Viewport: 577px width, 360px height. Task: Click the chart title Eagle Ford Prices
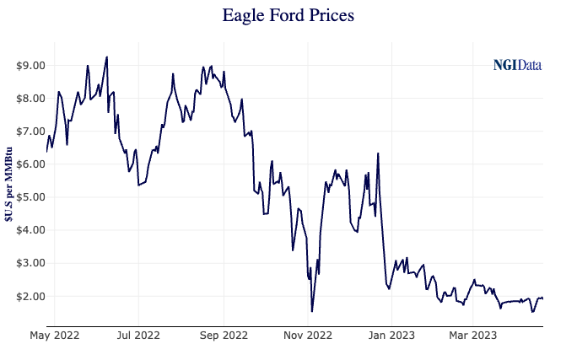coord(288,15)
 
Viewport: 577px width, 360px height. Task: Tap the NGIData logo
coord(517,65)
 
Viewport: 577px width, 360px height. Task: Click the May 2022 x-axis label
coord(54,336)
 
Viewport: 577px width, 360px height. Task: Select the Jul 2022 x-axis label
coord(138,336)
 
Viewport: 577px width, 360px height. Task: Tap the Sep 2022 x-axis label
coord(224,336)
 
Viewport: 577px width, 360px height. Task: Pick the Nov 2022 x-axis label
coord(309,336)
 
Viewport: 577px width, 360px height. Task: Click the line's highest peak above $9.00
coord(106,57)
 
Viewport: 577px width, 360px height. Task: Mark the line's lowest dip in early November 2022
coord(312,311)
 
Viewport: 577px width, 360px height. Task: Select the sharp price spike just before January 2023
coord(378,153)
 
